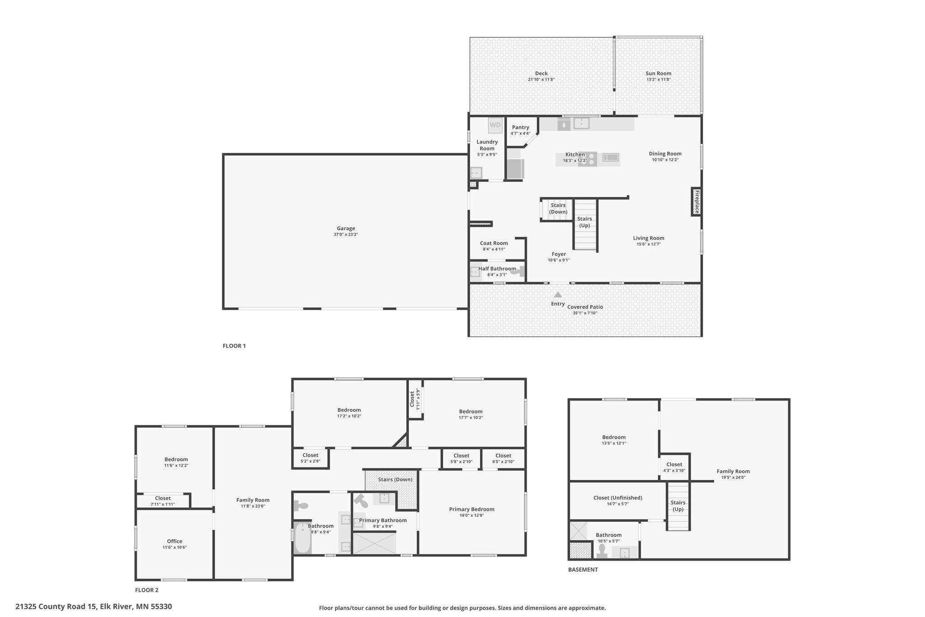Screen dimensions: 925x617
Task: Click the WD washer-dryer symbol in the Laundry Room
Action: pos(495,125)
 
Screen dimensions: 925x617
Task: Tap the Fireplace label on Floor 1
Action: pos(697,202)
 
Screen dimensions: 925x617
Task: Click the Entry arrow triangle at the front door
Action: pos(558,294)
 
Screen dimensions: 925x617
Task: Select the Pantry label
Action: pos(520,127)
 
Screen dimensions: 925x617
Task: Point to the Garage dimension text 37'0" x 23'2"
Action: pos(346,235)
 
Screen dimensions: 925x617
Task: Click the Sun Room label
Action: pos(658,73)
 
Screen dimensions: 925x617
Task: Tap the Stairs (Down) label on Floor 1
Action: pos(558,208)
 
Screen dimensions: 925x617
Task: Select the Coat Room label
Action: pos(494,243)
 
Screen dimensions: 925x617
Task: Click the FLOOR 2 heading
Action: pos(147,590)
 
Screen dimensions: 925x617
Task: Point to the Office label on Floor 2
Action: pos(174,541)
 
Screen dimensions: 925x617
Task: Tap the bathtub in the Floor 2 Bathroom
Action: pos(302,538)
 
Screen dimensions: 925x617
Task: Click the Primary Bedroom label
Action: pos(472,509)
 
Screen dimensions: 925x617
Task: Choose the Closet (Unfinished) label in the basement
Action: pos(617,498)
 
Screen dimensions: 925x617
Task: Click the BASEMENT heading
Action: pos(583,570)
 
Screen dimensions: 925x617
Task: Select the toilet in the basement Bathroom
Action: pos(602,550)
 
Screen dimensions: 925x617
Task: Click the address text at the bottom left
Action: pos(93,607)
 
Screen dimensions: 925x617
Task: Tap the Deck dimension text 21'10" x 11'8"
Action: pos(541,80)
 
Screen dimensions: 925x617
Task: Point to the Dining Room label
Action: pos(665,154)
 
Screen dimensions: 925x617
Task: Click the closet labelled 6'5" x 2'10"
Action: pos(503,458)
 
